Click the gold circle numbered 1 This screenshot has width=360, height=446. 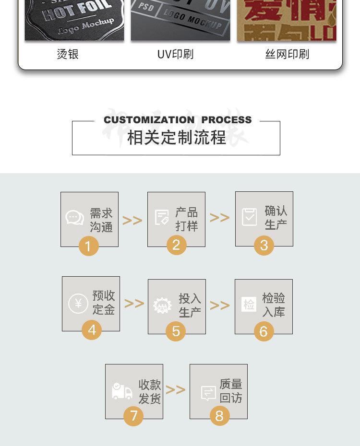click(88, 246)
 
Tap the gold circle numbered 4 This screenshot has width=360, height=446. click(92, 330)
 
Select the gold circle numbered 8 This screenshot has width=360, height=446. click(219, 415)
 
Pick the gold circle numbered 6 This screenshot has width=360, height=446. click(264, 331)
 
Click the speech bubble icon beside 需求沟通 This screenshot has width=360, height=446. click(74, 218)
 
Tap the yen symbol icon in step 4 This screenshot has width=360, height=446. click(78, 304)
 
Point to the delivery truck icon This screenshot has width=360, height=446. click(122, 391)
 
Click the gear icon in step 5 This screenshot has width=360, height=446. click(162, 305)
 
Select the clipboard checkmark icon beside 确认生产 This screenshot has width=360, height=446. click(249, 217)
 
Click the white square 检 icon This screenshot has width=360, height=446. click(249, 304)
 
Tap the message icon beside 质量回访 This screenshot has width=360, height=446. click(208, 393)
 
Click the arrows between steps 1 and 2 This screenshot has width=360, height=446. click(132, 220)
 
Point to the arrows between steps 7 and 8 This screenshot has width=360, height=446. click(176, 389)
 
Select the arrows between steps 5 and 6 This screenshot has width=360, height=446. click(220, 305)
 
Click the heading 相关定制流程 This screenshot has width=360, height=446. click(176, 138)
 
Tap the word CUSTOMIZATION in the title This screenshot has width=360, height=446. click(149, 120)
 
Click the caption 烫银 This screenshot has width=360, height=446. click(68, 54)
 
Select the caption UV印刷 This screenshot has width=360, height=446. click(175, 54)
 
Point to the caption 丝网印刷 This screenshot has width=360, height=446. click(287, 54)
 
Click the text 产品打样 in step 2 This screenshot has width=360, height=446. click(186, 219)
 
